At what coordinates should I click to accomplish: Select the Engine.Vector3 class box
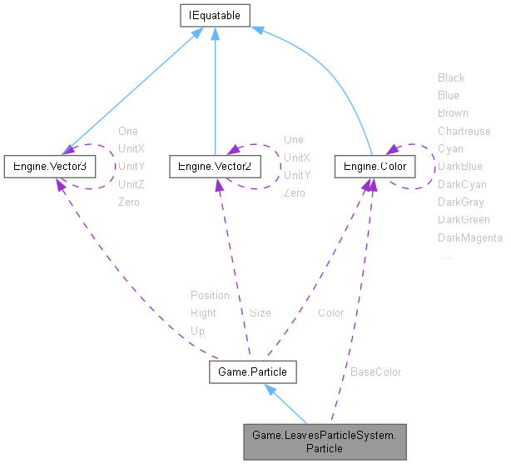tap(49, 167)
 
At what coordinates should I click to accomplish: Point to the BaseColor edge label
tap(375, 372)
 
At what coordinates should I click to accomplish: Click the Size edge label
tap(260, 313)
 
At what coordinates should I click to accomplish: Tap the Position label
tap(210, 295)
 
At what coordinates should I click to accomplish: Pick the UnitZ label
tap(131, 184)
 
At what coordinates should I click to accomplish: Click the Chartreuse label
tap(464, 131)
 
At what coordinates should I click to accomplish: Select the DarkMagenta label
tap(469, 238)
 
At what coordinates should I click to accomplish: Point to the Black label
tap(451, 77)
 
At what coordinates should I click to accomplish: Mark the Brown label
tap(453, 112)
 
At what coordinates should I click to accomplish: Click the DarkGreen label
tap(464, 220)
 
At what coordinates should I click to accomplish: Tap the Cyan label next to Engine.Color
tap(450, 148)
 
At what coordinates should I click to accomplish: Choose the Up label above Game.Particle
tap(197, 331)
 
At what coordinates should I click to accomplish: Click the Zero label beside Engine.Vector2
tap(294, 193)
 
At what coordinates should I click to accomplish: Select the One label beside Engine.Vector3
tap(128, 131)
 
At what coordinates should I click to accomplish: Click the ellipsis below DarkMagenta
tap(449, 257)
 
